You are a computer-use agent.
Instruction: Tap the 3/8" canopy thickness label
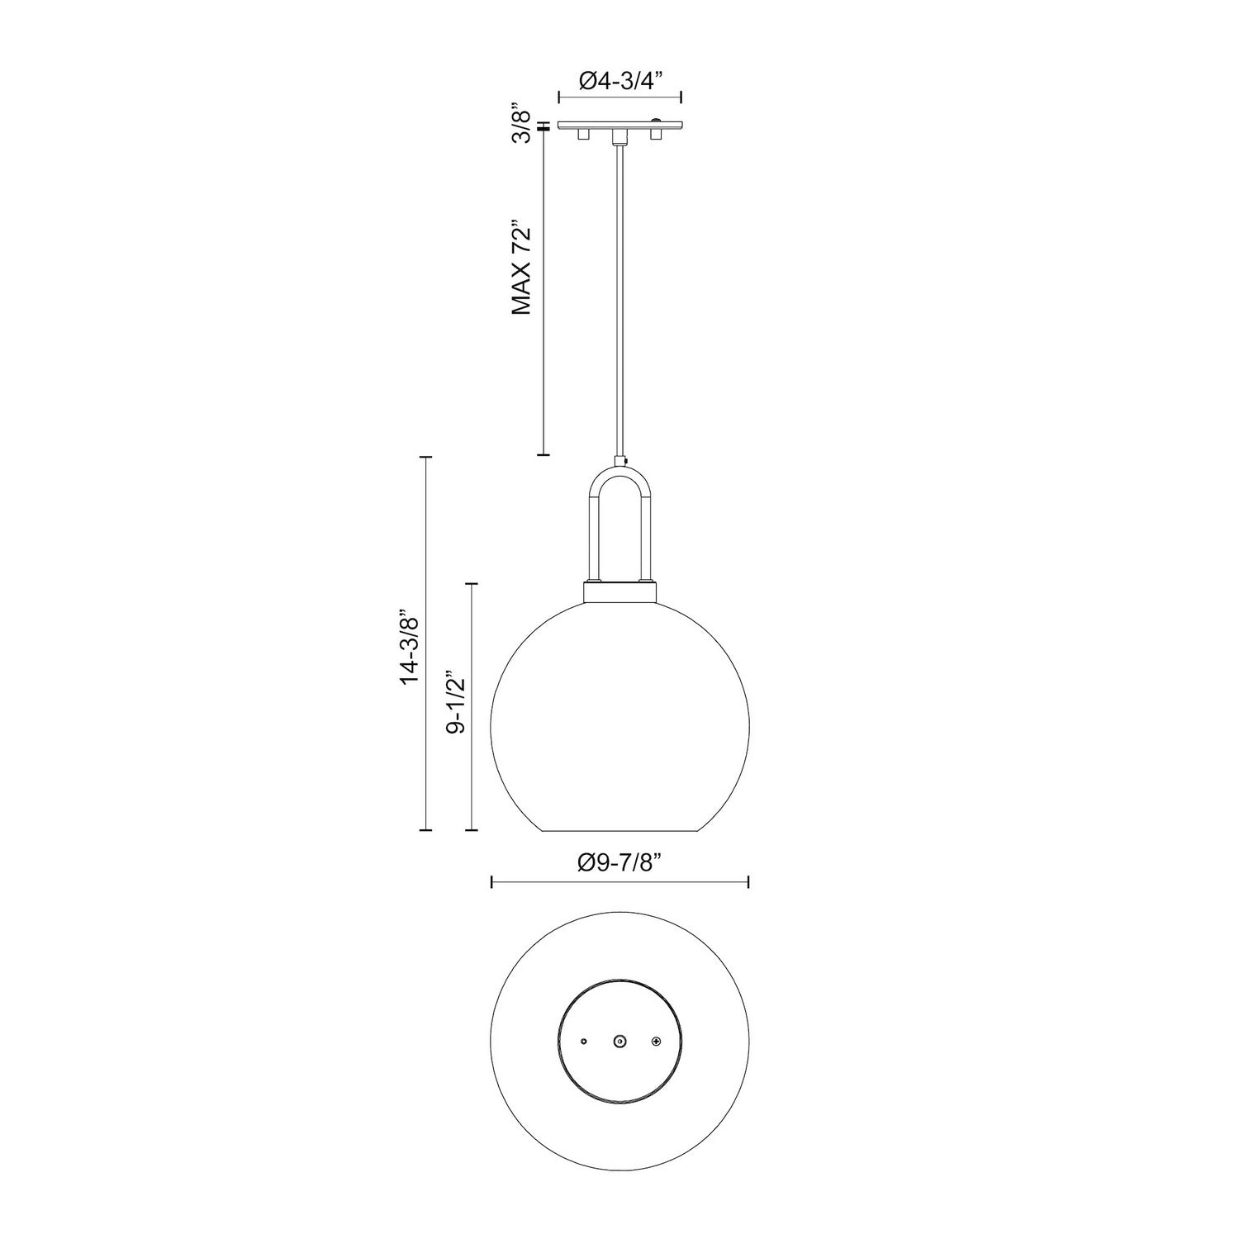(520, 124)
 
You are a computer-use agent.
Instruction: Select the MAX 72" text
(520, 268)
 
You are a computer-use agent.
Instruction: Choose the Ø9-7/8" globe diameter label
(619, 863)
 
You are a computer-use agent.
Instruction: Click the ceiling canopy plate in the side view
(620, 125)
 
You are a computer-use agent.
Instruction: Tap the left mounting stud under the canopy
(582, 134)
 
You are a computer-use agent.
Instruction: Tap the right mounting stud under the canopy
(657, 134)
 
